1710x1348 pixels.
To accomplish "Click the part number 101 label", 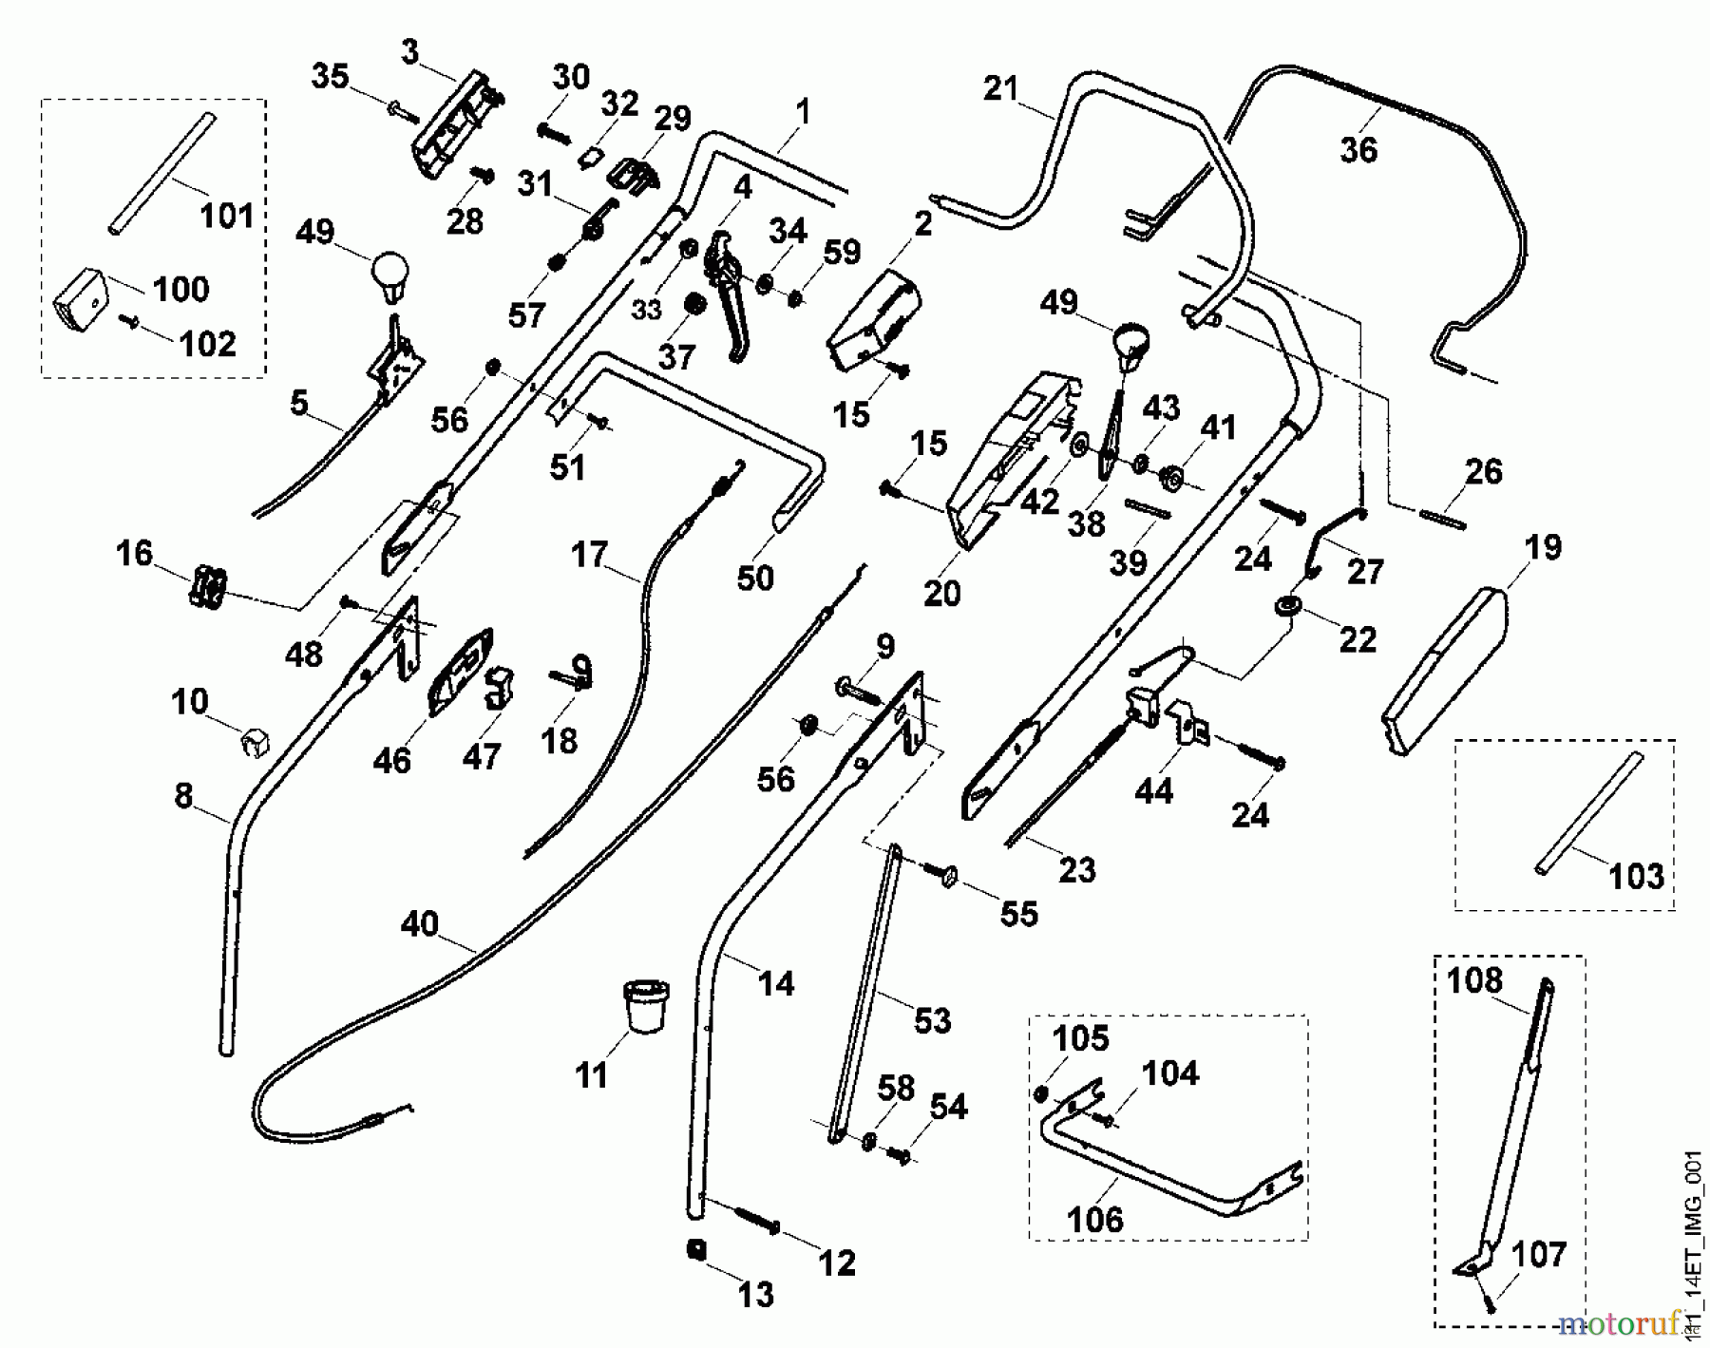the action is (227, 216).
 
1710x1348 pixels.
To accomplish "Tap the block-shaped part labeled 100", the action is (79, 296).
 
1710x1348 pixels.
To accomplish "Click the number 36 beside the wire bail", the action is (1358, 150).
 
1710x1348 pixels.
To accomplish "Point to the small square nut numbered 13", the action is (696, 1250).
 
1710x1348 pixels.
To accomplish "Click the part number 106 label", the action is (1095, 1220).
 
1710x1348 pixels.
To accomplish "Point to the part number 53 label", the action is (932, 1020).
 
